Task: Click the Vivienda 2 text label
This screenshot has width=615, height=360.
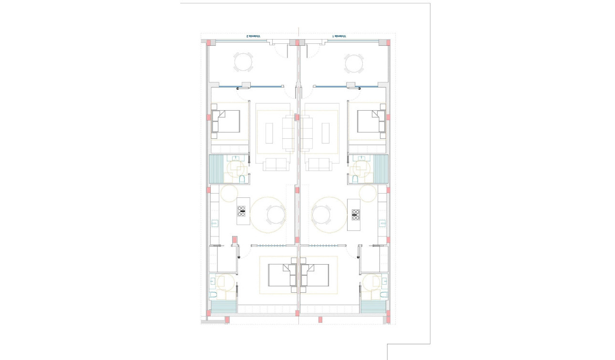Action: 253,36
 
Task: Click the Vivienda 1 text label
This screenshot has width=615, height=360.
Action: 339,36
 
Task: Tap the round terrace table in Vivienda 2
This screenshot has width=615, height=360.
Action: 244,62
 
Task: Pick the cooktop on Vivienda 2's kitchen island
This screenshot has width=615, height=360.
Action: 241,211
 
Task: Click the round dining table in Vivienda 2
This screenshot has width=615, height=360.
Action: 275,215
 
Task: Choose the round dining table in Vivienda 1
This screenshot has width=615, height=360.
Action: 323,215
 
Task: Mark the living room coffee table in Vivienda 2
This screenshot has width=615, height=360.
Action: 270,133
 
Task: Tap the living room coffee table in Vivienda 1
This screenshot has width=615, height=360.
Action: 326,133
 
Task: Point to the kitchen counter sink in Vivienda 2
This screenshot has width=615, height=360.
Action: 215,223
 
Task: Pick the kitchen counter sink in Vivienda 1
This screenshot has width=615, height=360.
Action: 382,223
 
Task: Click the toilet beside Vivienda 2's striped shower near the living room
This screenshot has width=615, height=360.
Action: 242,179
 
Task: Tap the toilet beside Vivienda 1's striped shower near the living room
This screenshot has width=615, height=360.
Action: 355,179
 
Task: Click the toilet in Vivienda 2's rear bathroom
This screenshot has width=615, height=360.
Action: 214,295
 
